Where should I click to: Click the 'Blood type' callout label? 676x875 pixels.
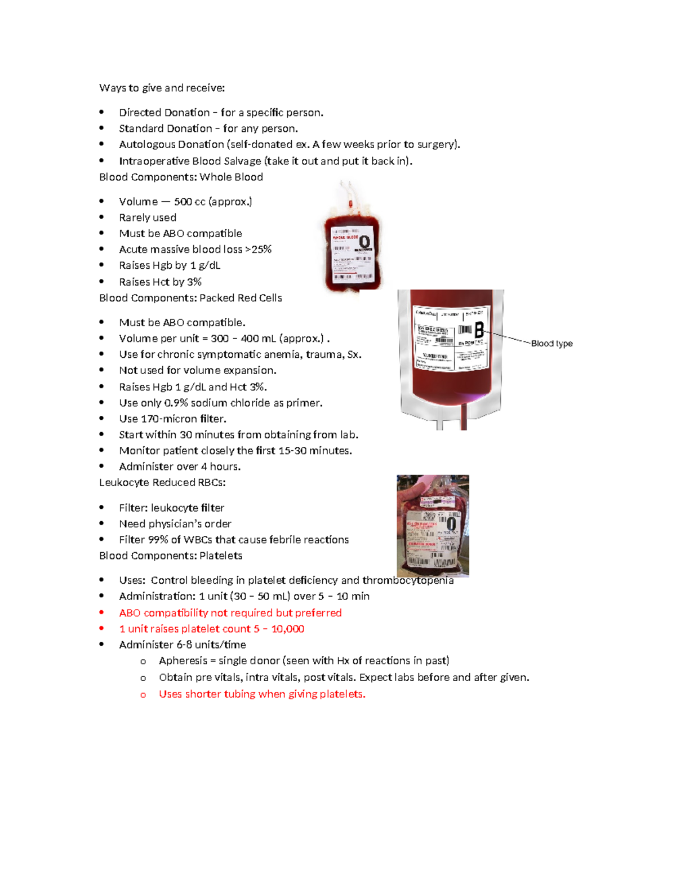tap(552, 343)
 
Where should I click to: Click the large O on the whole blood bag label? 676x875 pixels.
tap(364, 243)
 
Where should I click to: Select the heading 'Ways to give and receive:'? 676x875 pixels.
tap(162, 88)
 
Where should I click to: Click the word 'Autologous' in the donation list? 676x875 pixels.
tap(144, 145)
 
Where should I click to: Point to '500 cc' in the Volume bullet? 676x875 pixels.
tap(189, 202)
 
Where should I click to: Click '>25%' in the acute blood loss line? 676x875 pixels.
tap(259, 250)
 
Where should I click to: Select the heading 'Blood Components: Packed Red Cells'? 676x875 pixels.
tap(190, 298)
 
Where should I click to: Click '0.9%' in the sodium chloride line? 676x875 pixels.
tap(176, 403)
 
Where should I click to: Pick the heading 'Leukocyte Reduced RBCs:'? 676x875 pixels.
tap(162, 483)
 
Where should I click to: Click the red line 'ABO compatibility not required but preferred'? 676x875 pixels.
tap(230, 613)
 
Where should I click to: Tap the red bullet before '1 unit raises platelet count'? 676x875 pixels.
tap(101, 629)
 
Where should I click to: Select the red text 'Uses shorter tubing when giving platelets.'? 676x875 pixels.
tap(262, 695)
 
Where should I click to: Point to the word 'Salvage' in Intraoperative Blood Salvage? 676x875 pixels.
tap(242, 161)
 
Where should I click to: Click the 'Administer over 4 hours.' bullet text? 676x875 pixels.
tap(180, 467)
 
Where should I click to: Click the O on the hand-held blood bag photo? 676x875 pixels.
tap(451, 524)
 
